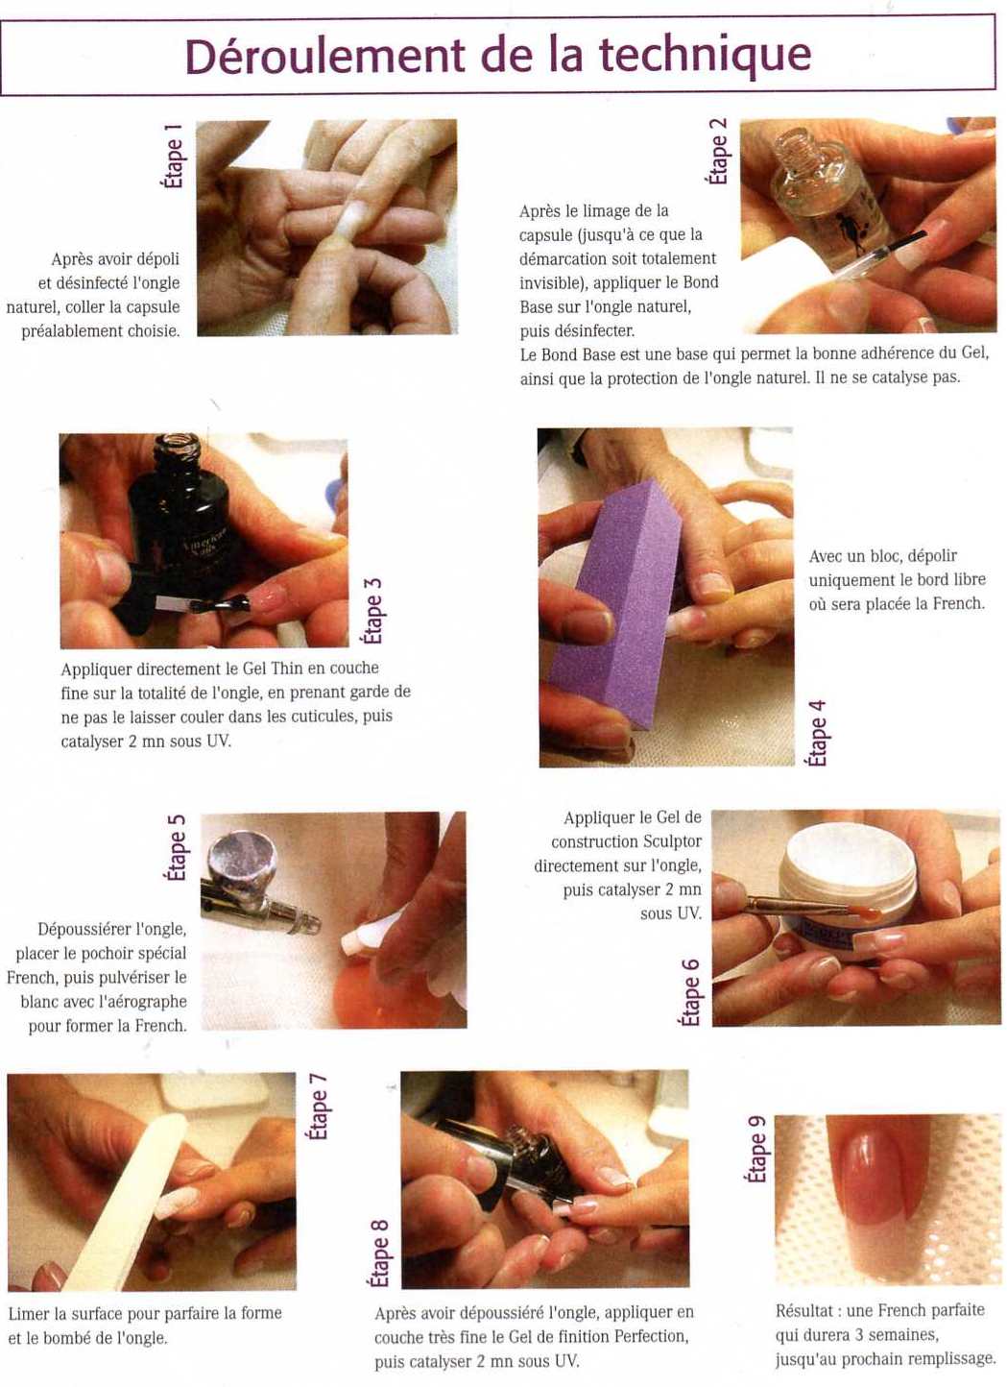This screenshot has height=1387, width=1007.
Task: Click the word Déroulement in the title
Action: [324, 56]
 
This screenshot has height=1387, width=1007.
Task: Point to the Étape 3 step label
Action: [372, 610]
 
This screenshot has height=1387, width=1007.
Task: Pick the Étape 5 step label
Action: [175, 848]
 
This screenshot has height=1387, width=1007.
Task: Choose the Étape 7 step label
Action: [318, 1107]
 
